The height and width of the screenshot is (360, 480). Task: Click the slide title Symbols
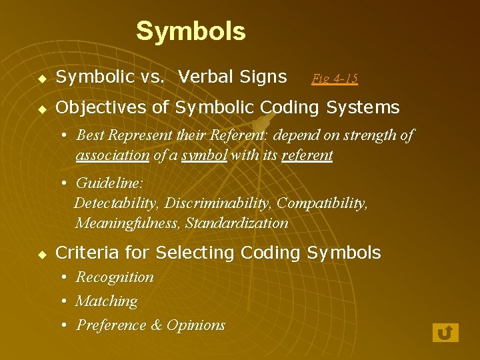[191, 31]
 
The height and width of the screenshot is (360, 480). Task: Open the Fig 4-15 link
[335, 79]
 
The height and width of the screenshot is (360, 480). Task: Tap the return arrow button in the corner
[445, 332]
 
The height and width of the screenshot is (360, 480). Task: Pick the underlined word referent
[307, 155]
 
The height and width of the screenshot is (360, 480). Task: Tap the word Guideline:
[110, 183]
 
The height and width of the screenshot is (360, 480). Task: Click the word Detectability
[117, 203]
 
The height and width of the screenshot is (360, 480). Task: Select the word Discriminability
[218, 203]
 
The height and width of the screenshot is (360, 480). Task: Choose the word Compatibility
[321, 203]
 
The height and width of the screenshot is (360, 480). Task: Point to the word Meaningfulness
[127, 223]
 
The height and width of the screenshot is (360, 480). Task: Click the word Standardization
[237, 223]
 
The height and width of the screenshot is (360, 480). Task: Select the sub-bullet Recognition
[115, 277]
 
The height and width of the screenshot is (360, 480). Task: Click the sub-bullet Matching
[107, 301]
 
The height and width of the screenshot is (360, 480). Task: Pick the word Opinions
[196, 325]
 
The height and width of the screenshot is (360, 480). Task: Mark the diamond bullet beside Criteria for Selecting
[42, 254]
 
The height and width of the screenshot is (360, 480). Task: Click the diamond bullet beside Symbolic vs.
[42, 78]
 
